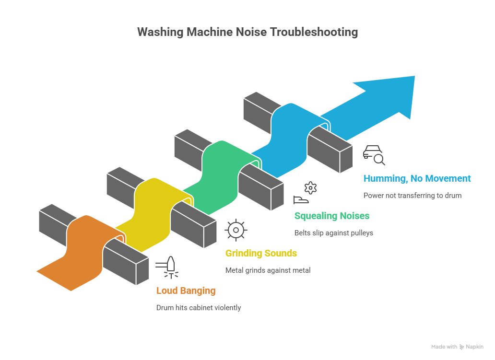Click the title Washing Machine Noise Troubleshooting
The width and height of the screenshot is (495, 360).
click(247, 32)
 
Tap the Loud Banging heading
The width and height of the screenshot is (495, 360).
click(186, 290)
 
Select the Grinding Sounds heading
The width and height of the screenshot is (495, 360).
click(261, 253)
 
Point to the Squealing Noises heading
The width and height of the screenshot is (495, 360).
click(332, 216)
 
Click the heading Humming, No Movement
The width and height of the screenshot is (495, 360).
click(417, 178)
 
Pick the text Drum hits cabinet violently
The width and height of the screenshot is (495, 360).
click(199, 308)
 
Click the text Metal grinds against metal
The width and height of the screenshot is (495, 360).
click(268, 270)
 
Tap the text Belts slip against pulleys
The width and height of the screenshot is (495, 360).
click(333, 233)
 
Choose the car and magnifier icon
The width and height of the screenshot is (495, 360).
click(374, 155)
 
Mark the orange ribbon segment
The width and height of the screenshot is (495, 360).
click(72, 259)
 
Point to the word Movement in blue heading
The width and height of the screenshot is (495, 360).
click(447, 178)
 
